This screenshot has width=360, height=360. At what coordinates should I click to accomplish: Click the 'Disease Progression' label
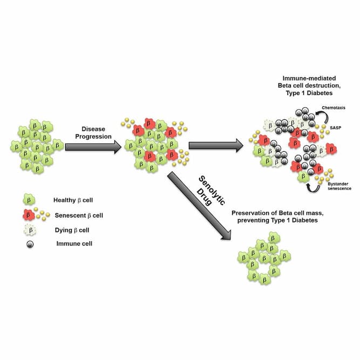pyautogui.click(x=90, y=132)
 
